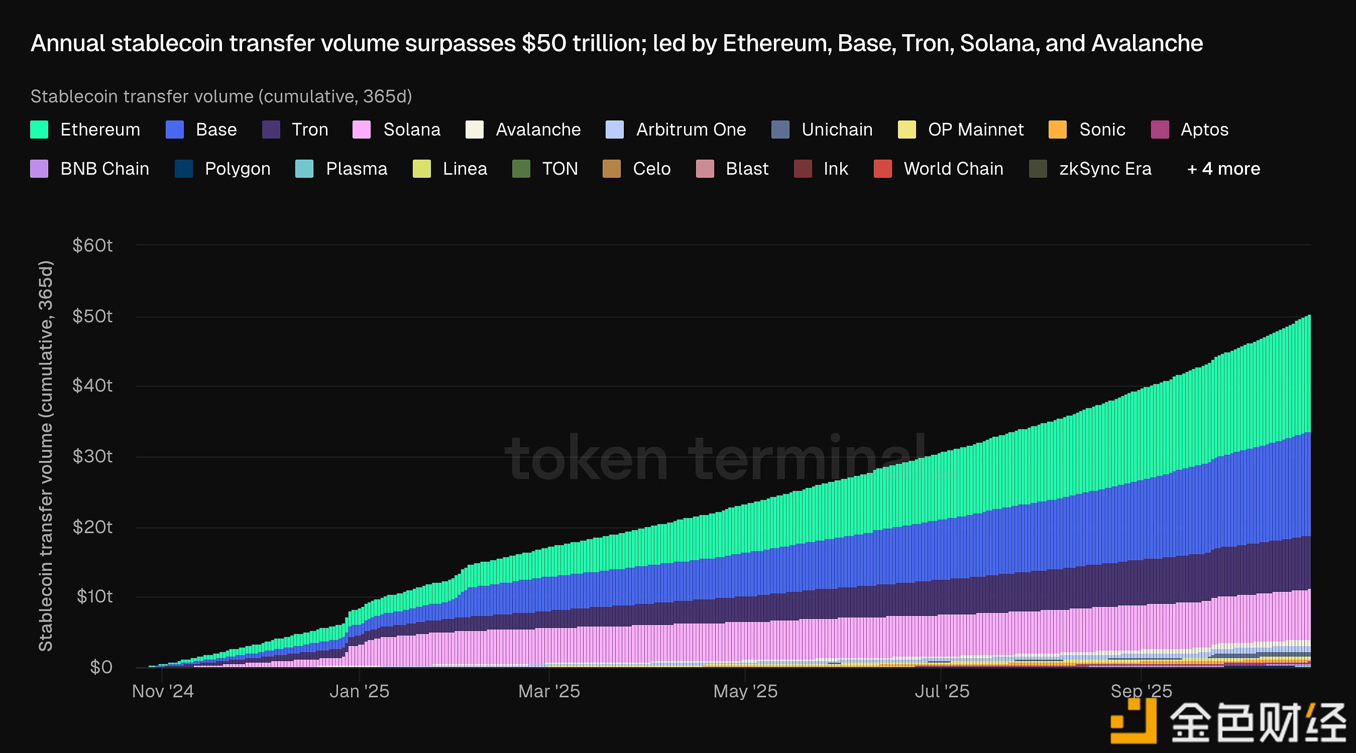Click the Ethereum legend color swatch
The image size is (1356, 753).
[x=40, y=130]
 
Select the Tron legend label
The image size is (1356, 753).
[x=309, y=130]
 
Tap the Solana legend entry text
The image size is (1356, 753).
[x=412, y=130]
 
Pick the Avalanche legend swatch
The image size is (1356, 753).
[x=474, y=130]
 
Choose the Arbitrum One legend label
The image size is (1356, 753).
[x=691, y=130]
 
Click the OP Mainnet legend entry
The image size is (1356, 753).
[x=975, y=130]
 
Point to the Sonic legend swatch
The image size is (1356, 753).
[x=1058, y=130]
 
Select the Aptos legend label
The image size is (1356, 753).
[x=1204, y=130]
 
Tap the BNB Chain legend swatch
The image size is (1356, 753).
[x=40, y=169]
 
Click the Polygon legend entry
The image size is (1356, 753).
[x=238, y=169]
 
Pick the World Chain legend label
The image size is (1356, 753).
[x=953, y=169]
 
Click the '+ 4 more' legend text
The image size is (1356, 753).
[x=1223, y=169]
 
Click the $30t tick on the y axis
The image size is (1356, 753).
[x=92, y=456]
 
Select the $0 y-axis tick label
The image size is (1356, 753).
[x=100, y=667]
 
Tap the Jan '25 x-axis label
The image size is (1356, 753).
[x=359, y=691]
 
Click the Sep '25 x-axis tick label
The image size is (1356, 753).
[x=1141, y=691]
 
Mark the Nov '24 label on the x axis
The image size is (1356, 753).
[x=163, y=691]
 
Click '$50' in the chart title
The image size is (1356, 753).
[x=544, y=43]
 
